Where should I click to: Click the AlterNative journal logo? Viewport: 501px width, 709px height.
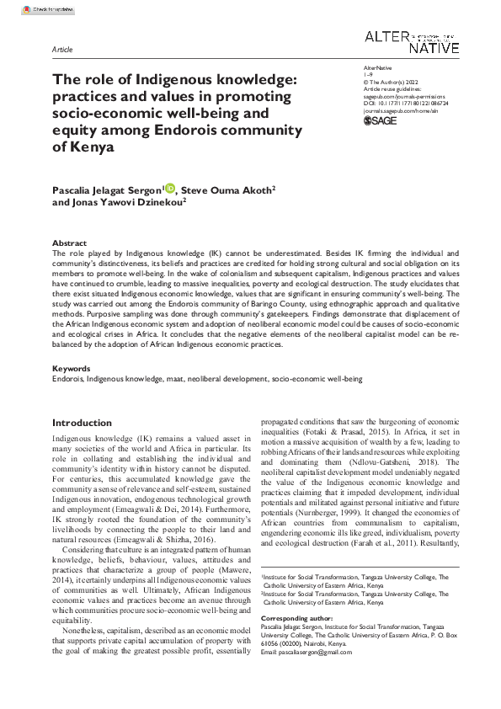pyautogui.click(x=412, y=42)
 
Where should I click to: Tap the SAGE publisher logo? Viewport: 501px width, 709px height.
pyautogui.click(x=379, y=121)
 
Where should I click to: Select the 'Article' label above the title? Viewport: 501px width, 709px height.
pyautogui.click(x=62, y=51)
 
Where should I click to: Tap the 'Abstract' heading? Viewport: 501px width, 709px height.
pyautogui.click(x=69, y=243)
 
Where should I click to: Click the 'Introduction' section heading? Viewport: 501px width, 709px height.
pyautogui.click(x=82, y=423)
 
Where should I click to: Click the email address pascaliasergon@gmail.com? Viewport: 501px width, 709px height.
pyautogui.click(x=316, y=653)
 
